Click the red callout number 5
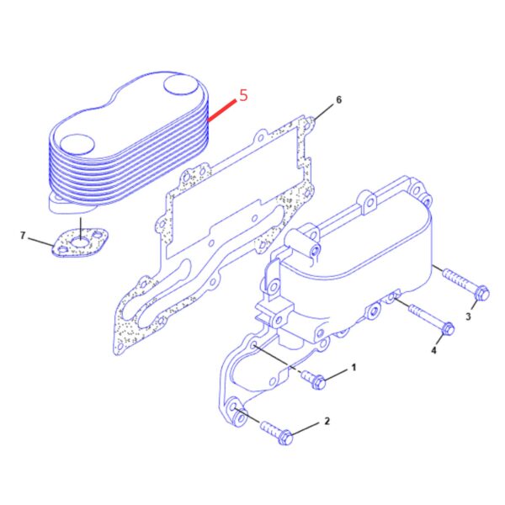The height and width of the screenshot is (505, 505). point(243,95)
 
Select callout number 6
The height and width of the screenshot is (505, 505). point(338,99)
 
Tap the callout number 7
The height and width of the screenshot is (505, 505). point(23,236)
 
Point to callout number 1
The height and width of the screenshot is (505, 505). point(353,368)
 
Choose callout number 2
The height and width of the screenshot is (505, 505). point(327,421)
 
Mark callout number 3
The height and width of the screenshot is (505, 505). point(468,316)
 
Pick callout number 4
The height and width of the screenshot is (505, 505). point(433,350)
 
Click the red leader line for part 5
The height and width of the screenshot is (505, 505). point(221,111)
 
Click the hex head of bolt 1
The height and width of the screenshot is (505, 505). point(318,382)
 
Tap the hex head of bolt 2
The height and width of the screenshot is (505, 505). point(285,437)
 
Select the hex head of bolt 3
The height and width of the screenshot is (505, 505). point(482,293)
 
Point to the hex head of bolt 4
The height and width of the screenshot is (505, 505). point(448,328)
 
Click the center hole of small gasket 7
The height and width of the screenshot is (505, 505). point(79,242)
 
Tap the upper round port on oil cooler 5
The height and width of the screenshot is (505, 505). point(181,85)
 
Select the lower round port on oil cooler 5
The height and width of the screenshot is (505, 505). point(77,145)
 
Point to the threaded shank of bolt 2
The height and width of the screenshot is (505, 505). point(271,429)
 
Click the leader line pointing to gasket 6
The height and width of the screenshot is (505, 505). point(324,112)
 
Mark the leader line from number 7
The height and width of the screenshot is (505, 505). point(41,242)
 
